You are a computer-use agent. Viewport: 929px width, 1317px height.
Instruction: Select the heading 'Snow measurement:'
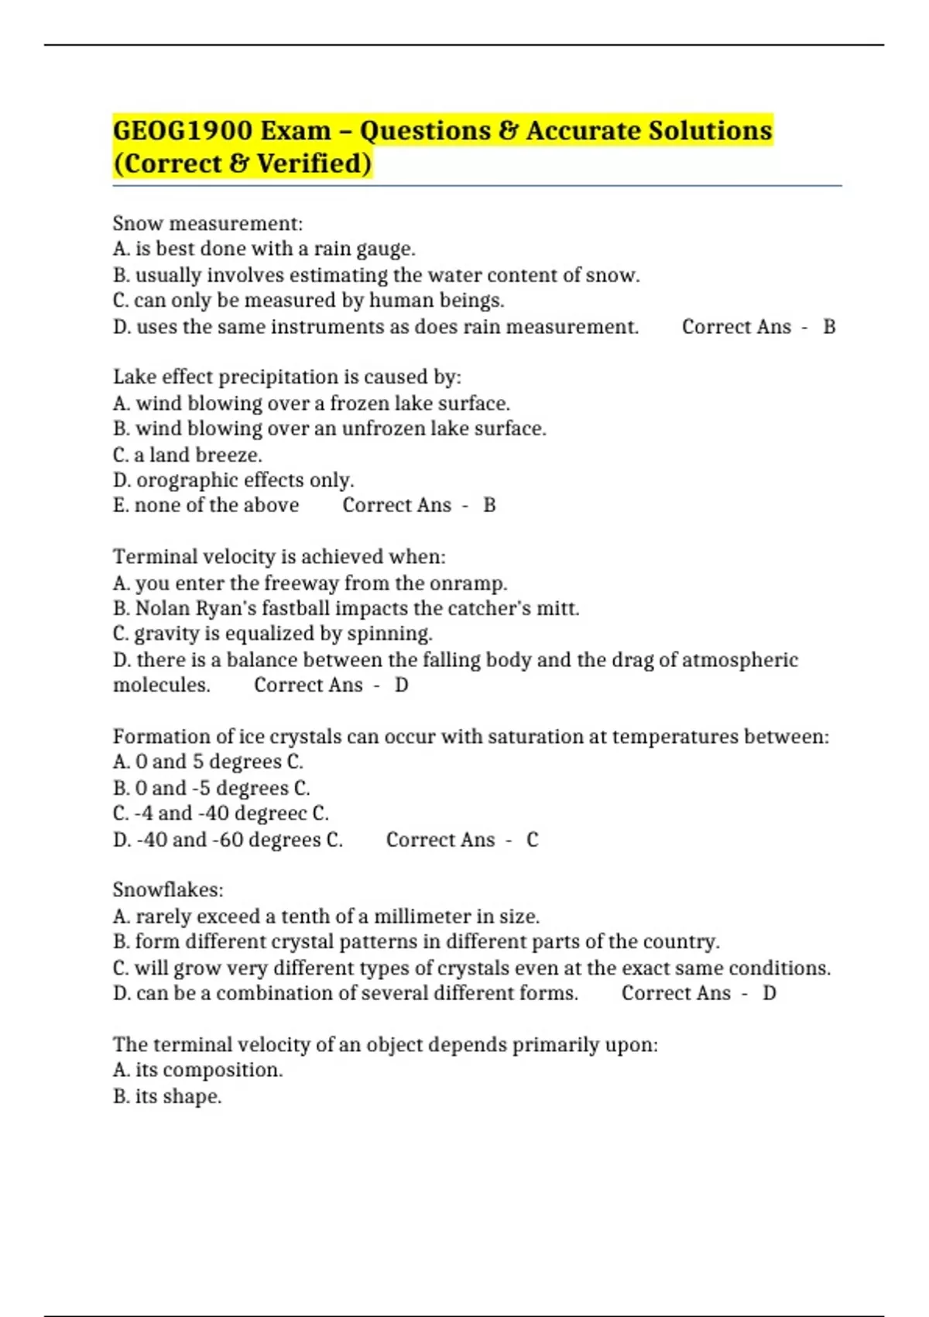[207, 224]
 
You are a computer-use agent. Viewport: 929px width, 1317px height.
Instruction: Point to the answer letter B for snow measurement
[829, 327]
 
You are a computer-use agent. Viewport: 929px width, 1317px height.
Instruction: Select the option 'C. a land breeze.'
[187, 455]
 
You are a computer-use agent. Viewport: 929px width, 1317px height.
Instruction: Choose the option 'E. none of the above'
[206, 505]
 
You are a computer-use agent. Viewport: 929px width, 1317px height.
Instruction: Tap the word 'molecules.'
[162, 686]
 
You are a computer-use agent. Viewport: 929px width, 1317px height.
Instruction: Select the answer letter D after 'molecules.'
[401, 686]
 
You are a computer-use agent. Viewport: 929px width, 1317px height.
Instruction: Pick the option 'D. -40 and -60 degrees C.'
[228, 840]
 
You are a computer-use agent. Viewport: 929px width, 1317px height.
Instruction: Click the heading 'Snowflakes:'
[168, 890]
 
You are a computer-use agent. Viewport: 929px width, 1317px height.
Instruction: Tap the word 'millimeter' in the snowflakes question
[422, 916]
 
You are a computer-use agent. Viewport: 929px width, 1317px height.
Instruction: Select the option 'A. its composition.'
[197, 1071]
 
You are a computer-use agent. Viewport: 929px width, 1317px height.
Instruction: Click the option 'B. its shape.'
[167, 1097]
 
